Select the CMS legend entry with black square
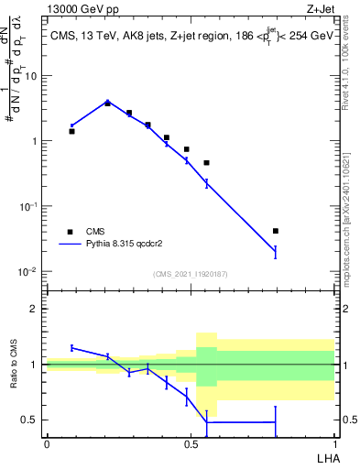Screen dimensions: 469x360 [x=71, y=232]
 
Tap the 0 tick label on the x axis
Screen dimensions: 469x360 [x=47, y=444]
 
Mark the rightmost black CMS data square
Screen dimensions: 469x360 [x=276, y=231]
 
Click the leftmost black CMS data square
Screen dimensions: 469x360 [x=71, y=131]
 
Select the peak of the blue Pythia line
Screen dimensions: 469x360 [x=107, y=102]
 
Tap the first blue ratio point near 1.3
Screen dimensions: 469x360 [x=71, y=347]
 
